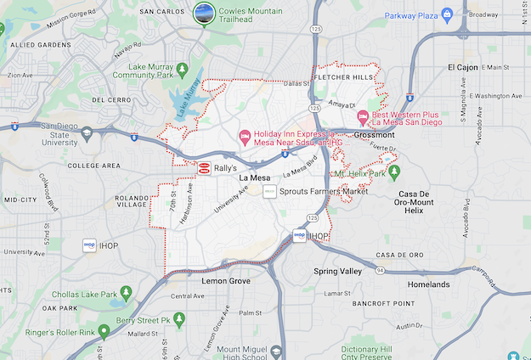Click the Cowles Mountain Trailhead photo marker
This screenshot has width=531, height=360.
tap(204, 14)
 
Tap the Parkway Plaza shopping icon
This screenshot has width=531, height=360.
tap(375, 14)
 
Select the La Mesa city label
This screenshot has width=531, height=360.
tap(255, 177)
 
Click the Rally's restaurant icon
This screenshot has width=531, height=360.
tap(205, 169)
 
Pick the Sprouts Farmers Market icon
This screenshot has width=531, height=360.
tap(269, 193)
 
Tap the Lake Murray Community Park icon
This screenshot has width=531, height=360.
tap(180, 68)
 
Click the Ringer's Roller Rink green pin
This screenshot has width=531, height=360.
tap(104, 330)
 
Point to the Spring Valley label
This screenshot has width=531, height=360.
tap(337, 271)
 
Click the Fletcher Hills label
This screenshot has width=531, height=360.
tap(345, 77)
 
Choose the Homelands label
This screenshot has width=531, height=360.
tap(428, 284)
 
